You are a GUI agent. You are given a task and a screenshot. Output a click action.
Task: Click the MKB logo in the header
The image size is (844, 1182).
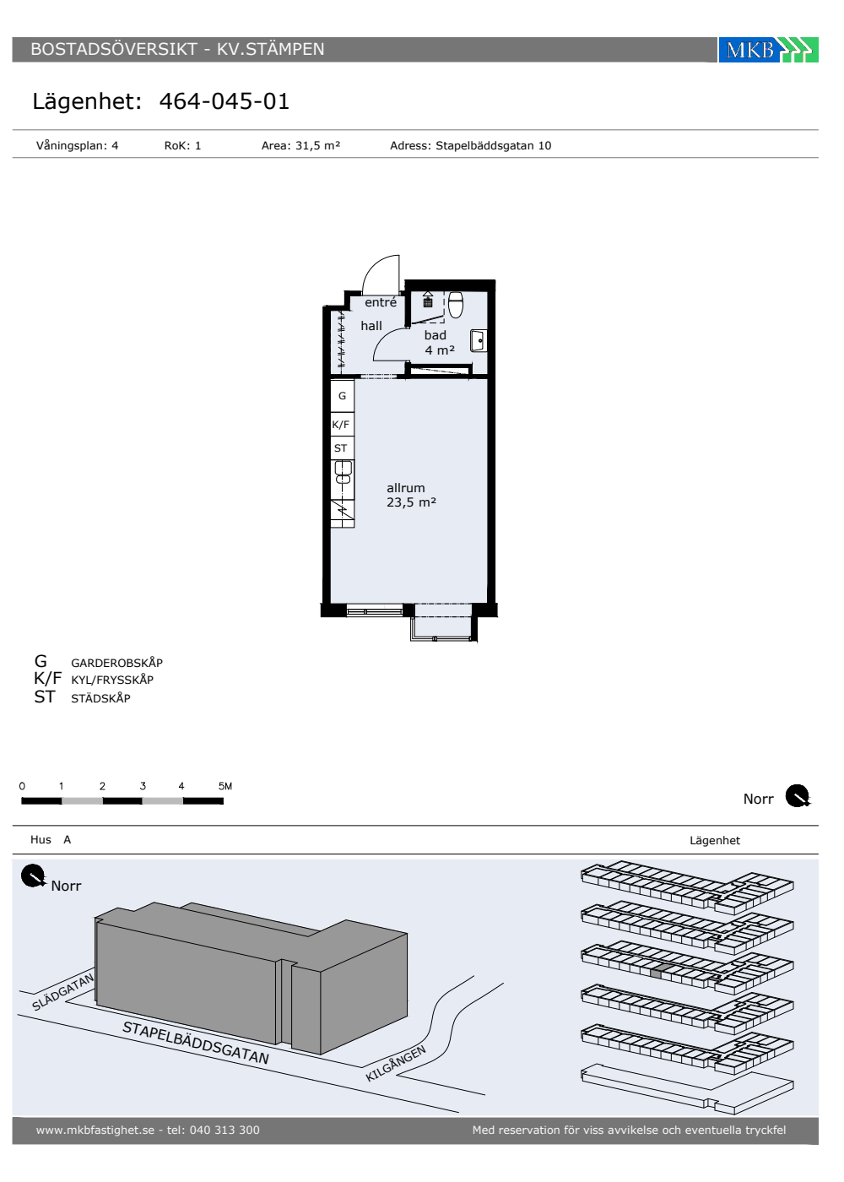(x=768, y=50)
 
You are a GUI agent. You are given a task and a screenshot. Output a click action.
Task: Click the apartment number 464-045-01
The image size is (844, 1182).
(x=225, y=101)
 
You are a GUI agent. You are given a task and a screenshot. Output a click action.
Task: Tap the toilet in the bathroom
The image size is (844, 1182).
(x=456, y=305)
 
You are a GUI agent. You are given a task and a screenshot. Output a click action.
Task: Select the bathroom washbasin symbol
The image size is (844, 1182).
(x=479, y=341)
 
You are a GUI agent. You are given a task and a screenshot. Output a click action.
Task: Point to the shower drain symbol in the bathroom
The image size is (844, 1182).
(x=428, y=302)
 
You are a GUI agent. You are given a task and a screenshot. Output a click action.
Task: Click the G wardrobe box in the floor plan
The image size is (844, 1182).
(x=343, y=395)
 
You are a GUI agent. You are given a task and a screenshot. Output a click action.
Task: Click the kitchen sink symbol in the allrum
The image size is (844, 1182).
(x=343, y=472)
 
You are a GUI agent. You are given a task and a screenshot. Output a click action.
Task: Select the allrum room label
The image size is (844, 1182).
(x=406, y=488)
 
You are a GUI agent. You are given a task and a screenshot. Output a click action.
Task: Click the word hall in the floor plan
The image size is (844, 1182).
(x=371, y=326)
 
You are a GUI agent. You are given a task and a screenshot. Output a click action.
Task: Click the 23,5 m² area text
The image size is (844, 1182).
(x=412, y=502)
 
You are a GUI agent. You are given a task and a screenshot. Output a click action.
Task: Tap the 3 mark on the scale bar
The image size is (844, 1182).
(x=143, y=786)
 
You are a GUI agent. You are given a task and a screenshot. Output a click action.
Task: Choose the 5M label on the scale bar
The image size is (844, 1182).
(x=225, y=786)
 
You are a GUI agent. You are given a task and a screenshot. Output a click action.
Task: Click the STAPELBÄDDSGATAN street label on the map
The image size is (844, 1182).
(x=196, y=1042)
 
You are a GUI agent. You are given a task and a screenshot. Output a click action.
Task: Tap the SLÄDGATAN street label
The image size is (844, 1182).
(x=62, y=992)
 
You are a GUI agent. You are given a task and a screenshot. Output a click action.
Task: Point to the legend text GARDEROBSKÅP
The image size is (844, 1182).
(x=117, y=663)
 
